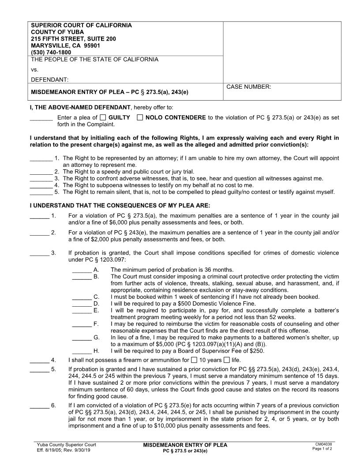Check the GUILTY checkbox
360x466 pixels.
click(x=103, y=118)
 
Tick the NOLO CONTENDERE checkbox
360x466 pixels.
click(x=140, y=118)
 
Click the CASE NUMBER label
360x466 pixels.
click(x=248, y=87)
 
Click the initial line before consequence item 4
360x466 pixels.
click(x=39, y=361)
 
